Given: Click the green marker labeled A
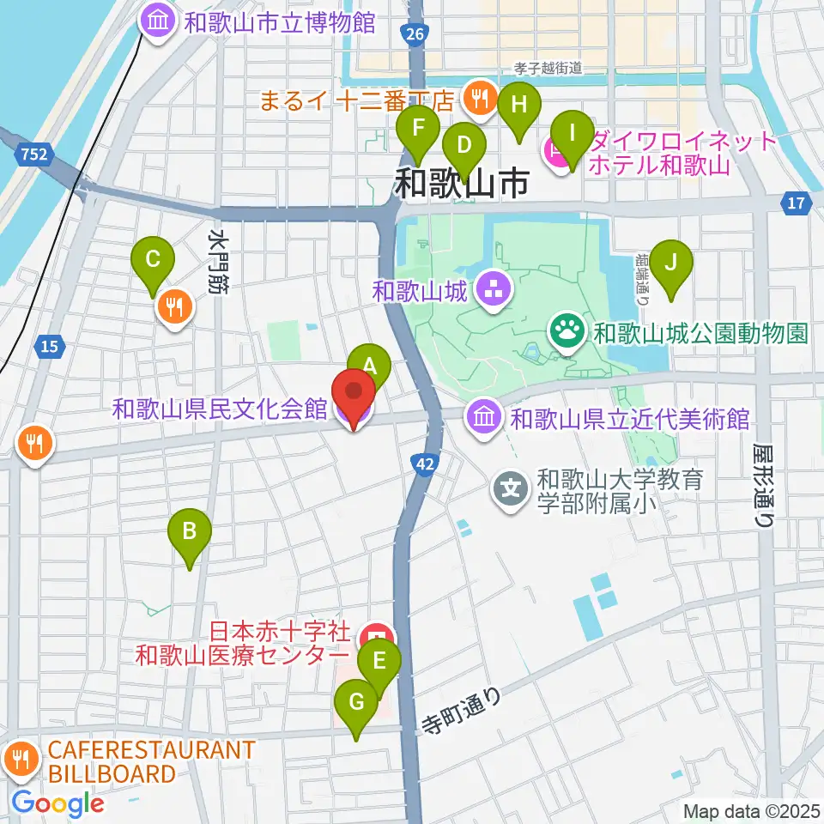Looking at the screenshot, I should coord(369,366).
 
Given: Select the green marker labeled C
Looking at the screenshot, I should coord(154,258).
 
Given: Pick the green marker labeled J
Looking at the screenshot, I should coord(671,260).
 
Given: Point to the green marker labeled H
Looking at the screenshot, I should coord(518,106).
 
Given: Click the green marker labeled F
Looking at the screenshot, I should coord(419,129).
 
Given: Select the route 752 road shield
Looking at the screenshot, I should coord(33,154).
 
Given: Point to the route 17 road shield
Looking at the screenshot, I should coord(796,203).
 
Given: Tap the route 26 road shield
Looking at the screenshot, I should coord(414,33).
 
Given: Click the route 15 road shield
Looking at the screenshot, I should coord(49,346).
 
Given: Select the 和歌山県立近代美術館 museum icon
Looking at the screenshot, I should coord(482,419).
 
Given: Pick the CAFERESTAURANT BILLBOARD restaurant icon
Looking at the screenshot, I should coord(19,759).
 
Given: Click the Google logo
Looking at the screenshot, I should coord(58,803).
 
